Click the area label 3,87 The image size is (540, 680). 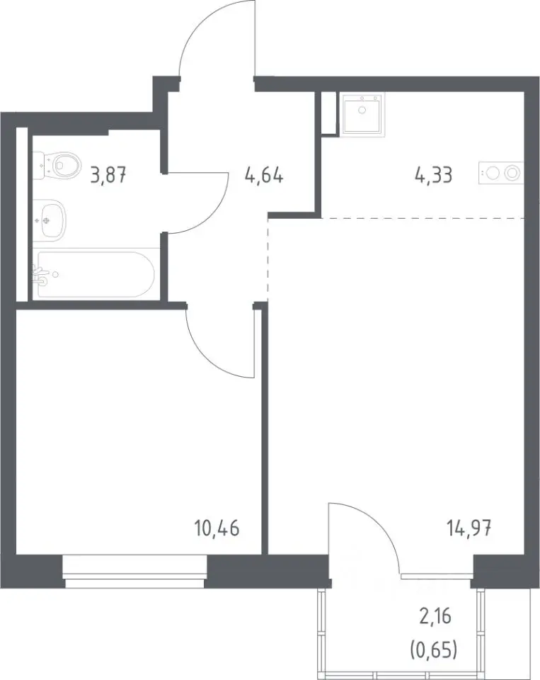pos(108,176)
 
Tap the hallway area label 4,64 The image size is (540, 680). pos(264,176)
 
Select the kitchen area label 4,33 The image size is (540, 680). pos(433,176)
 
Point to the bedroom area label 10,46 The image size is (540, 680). pos(217,528)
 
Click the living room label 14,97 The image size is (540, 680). pos(469,528)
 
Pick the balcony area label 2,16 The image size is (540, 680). pos(435,616)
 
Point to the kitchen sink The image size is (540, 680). pos(362,114)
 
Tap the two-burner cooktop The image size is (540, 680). pos(501,173)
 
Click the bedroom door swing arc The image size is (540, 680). pos(208,355)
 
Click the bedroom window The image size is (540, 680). pos(134,572)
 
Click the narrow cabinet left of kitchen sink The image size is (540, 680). pos(329,113)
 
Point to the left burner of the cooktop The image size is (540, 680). pos(493,174)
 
